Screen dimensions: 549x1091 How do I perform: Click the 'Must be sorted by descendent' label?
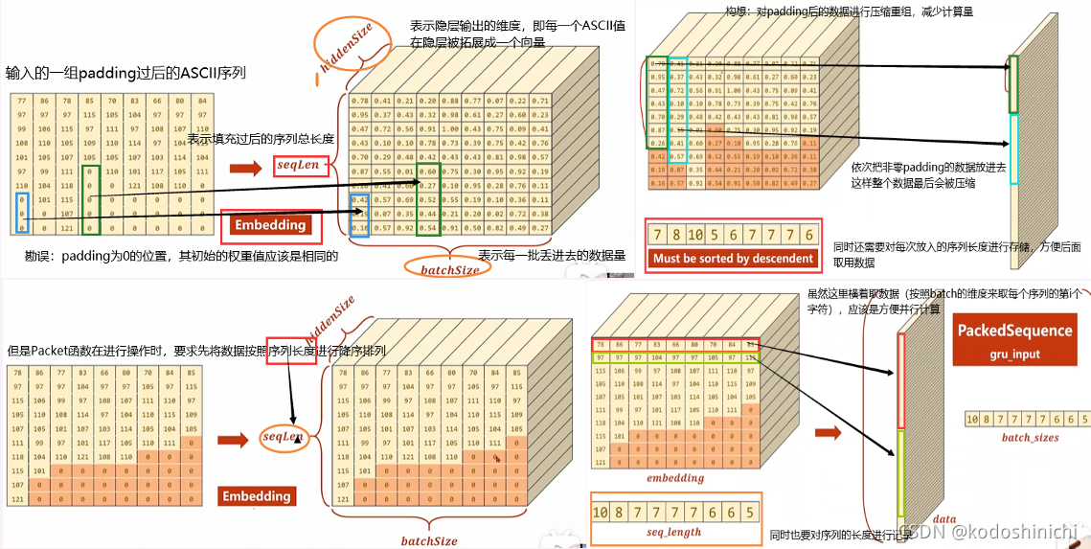pos(734,258)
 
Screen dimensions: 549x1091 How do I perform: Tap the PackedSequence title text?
pos(1014,331)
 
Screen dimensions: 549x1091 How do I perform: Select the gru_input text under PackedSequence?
pos(1014,354)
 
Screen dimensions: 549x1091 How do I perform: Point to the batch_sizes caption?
pos(1030,438)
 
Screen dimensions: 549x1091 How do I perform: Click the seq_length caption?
pos(673,532)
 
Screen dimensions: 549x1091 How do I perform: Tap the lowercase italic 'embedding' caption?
pos(675,478)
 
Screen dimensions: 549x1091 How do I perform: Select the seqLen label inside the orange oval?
pos(283,436)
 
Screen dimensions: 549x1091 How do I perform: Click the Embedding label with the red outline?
pos(271,225)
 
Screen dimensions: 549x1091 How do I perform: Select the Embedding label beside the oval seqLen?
pos(256,496)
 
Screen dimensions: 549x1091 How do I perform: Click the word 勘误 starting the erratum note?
pos(38,257)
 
